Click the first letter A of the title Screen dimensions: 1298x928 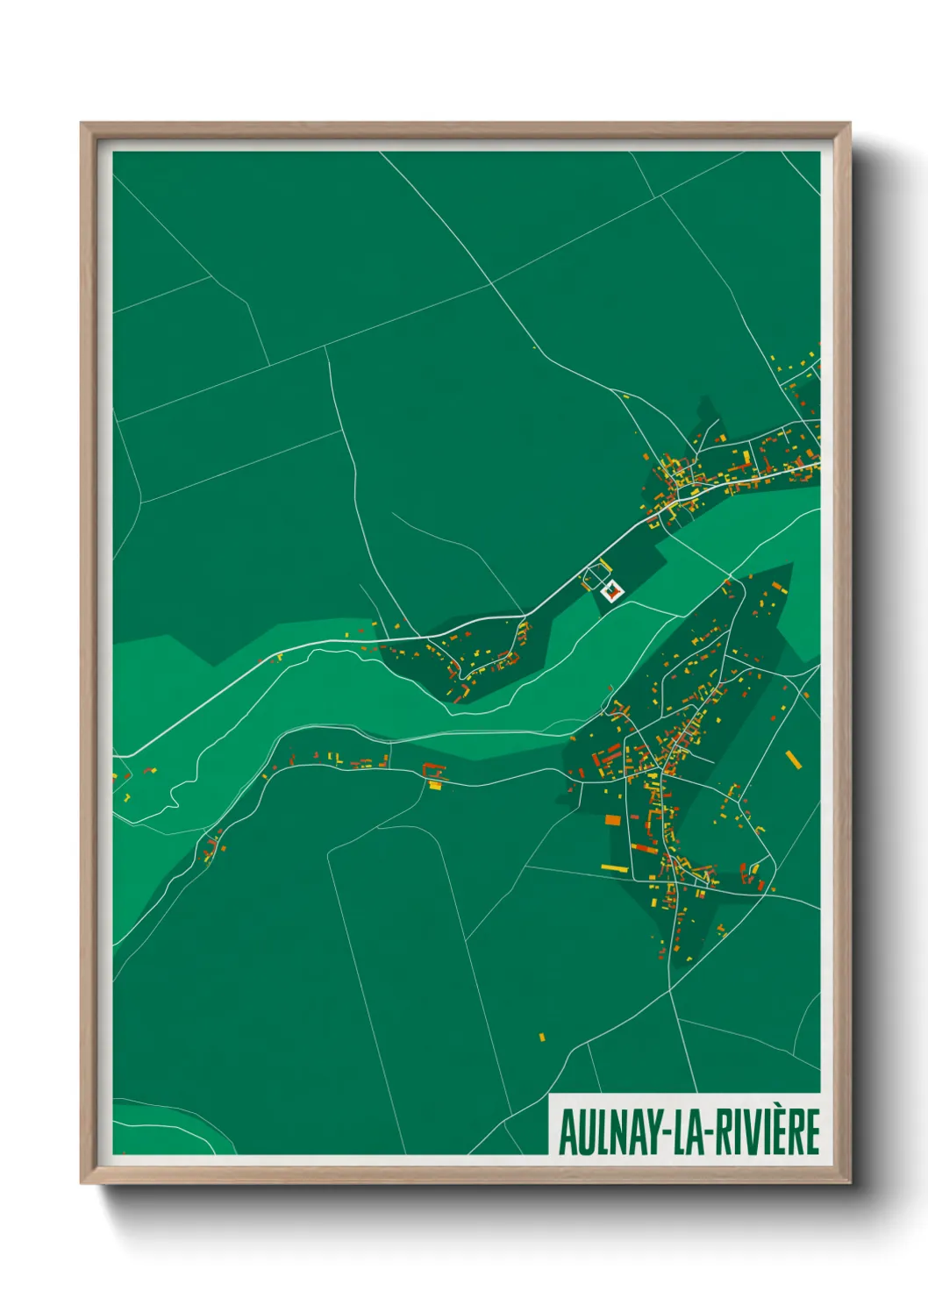pos(567,1132)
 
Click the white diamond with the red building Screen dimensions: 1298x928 pos(611,590)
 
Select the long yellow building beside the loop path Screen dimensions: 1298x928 pos(603,564)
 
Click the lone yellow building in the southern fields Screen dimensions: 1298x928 pos(542,1038)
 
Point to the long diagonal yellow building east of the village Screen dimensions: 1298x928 pos(793,759)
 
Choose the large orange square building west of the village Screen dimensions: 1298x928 pos(612,820)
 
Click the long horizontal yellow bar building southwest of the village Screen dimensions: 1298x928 pos(615,867)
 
